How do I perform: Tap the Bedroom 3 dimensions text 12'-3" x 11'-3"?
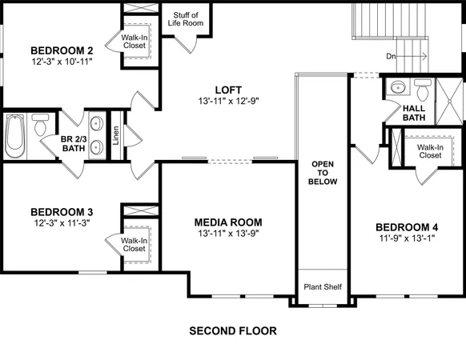click(x=62, y=224)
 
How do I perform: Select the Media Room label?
click(x=228, y=222)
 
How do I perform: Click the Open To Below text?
click(x=324, y=172)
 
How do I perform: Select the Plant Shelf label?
click(x=323, y=286)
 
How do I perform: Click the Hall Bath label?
click(x=413, y=112)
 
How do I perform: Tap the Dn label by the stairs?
click(x=391, y=56)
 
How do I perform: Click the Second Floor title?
click(x=232, y=330)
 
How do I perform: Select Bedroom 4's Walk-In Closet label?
click(x=429, y=150)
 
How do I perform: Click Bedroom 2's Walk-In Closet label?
click(x=133, y=42)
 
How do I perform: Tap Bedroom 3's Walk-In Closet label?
click(x=133, y=244)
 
